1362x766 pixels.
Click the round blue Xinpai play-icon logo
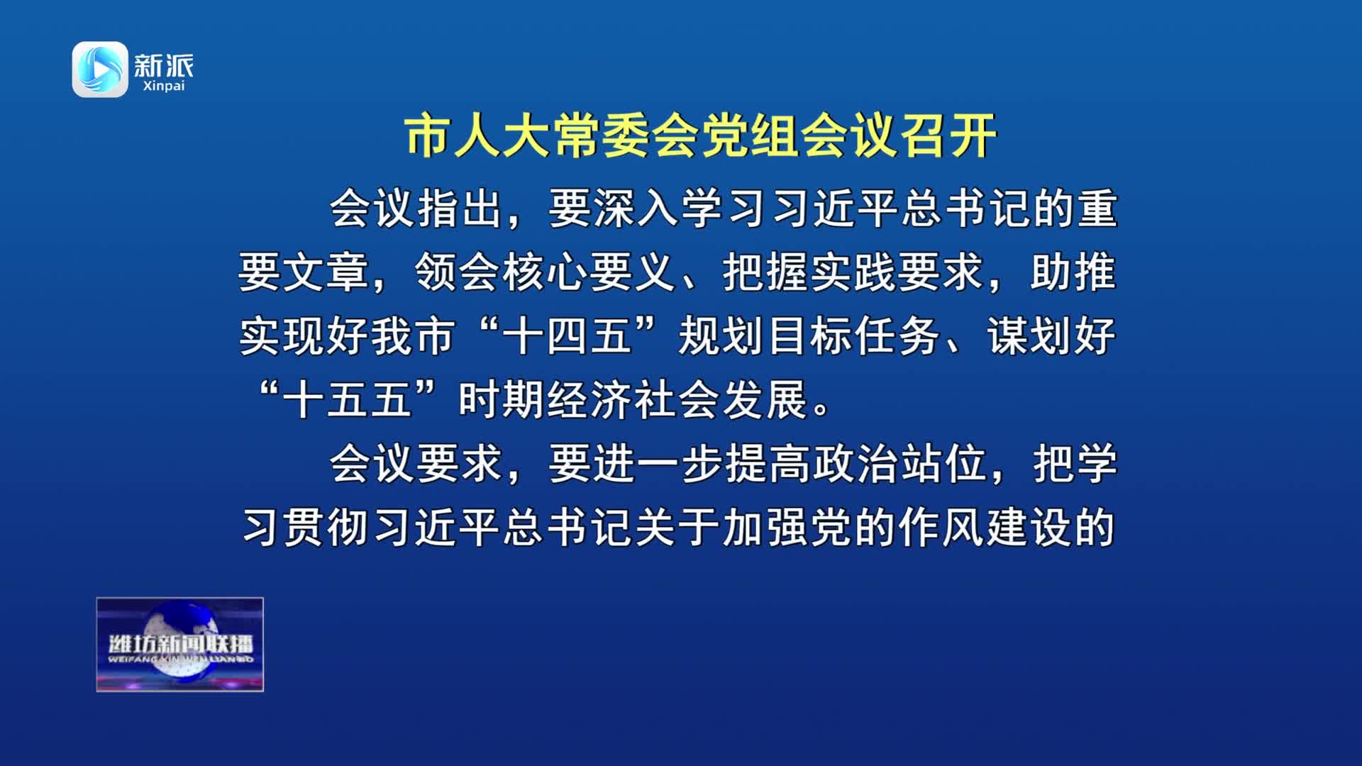100,70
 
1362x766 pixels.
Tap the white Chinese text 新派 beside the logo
164,66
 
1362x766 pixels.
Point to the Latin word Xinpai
164,86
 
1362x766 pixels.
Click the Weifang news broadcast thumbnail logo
180,644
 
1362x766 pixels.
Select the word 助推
1074,272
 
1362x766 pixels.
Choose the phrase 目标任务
854,336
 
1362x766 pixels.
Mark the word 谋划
1030,336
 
